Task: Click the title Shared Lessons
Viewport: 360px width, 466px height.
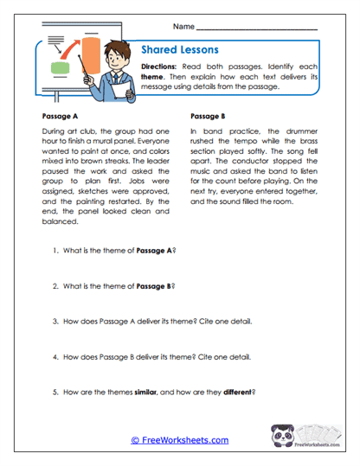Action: point(178,49)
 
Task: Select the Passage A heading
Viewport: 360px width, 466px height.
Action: point(61,115)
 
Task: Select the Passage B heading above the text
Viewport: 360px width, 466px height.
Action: point(206,115)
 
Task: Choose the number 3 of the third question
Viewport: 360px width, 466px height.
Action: point(55,322)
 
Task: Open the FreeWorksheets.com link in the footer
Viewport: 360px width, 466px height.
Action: point(179,439)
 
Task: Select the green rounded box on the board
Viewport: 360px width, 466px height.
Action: point(61,67)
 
